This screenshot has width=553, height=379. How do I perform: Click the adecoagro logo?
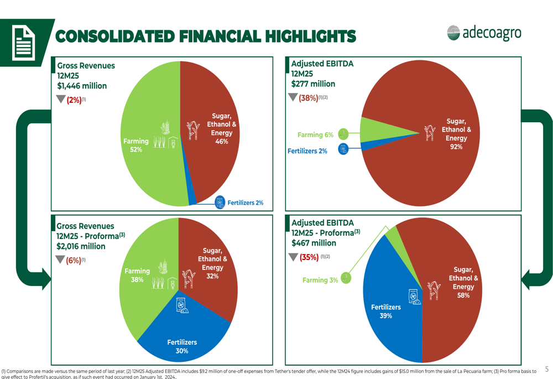pyautogui.click(x=484, y=33)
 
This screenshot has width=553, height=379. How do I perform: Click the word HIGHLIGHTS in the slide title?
pyautogui.click(x=311, y=37)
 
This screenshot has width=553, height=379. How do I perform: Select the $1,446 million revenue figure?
pyautogui.click(x=82, y=86)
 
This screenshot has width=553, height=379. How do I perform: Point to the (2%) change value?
pyautogui.click(x=73, y=100)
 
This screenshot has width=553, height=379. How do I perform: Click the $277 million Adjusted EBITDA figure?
pyautogui.click(x=313, y=84)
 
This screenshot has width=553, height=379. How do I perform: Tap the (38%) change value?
pyautogui.click(x=308, y=98)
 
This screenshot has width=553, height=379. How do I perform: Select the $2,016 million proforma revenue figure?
pyautogui.click(x=81, y=246)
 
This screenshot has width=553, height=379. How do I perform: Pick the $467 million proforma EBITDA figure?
pyautogui.click(x=314, y=243)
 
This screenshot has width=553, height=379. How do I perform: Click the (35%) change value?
pyautogui.click(x=309, y=257)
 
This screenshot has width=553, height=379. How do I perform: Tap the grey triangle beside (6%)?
pyautogui.click(x=61, y=260)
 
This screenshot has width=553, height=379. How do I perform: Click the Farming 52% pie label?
pyautogui.click(x=136, y=146)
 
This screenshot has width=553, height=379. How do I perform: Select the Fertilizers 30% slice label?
pyautogui.click(x=182, y=346)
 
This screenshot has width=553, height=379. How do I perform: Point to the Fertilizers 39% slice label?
pyautogui.click(x=385, y=311)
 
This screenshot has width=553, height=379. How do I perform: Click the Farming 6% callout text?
pyautogui.click(x=315, y=135)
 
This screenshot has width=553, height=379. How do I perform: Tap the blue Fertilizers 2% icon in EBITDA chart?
pyautogui.click(x=343, y=149)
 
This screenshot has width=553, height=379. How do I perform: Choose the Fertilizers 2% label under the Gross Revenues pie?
pyautogui.click(x=246, y=203)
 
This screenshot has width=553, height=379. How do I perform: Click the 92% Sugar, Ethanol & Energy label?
pyautogui.click(x=456, y=134)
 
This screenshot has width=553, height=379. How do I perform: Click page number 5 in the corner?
pyautogui.click(x=547, y=369)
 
